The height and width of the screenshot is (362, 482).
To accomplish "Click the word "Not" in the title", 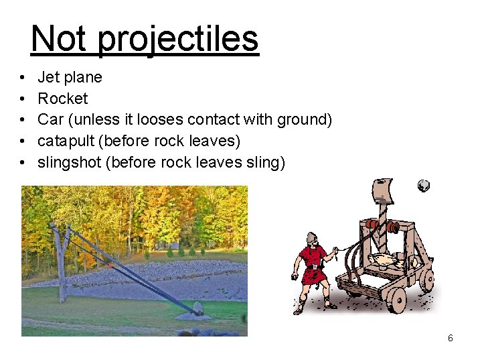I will [x=59, y=38].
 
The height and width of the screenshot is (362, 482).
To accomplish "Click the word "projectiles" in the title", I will [x=177, y=39].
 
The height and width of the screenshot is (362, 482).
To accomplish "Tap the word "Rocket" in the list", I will [x=62, y=99].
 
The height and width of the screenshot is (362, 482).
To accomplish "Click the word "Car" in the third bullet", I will [x=50, y=119].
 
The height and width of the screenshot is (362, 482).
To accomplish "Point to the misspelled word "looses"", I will [x=160, y=119].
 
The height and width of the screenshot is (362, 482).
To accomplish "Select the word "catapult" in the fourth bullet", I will [x=64, y=141].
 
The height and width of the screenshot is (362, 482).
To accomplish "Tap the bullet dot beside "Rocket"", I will [x=23, y=99].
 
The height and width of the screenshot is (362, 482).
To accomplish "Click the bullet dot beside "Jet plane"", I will [x=23, y=77].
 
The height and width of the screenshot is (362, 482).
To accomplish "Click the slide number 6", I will [x=450, y=338].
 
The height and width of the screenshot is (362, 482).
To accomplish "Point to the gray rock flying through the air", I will [x=423, y=186].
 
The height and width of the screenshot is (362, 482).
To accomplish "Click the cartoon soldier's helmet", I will [x=311, y=238].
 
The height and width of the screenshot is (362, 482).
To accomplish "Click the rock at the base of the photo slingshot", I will [x=197, y=309].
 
